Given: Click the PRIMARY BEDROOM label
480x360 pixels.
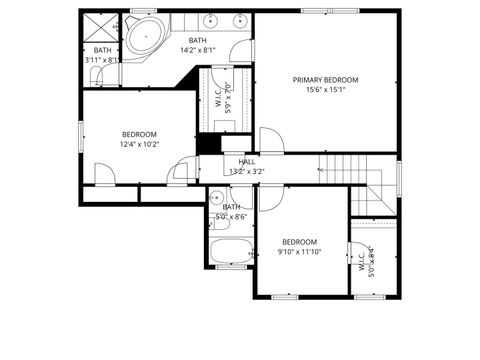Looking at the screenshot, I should (x=325, y=79).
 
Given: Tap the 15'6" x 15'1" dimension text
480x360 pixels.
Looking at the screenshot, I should (x=325, y=89).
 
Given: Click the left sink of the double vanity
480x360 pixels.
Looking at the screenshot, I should (x=211, y=20).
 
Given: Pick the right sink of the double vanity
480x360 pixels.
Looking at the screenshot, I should (x=240, y=20).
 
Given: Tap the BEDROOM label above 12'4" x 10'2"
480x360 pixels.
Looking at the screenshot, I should (x=139, y=135).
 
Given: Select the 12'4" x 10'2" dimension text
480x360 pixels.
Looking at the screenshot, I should (x=139, y=145).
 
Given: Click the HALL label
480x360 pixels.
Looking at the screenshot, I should (x=246, y=162).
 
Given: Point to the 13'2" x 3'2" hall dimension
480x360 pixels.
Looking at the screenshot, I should (x=246, y=171).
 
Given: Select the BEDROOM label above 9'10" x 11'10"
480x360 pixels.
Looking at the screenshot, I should (x=299, y=242).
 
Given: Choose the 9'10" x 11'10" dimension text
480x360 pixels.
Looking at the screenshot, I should (x=299, y=252).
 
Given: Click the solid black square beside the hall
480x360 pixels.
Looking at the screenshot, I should (x=208, y=143).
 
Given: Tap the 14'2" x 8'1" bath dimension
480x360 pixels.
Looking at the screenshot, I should (x=198, y=50).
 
